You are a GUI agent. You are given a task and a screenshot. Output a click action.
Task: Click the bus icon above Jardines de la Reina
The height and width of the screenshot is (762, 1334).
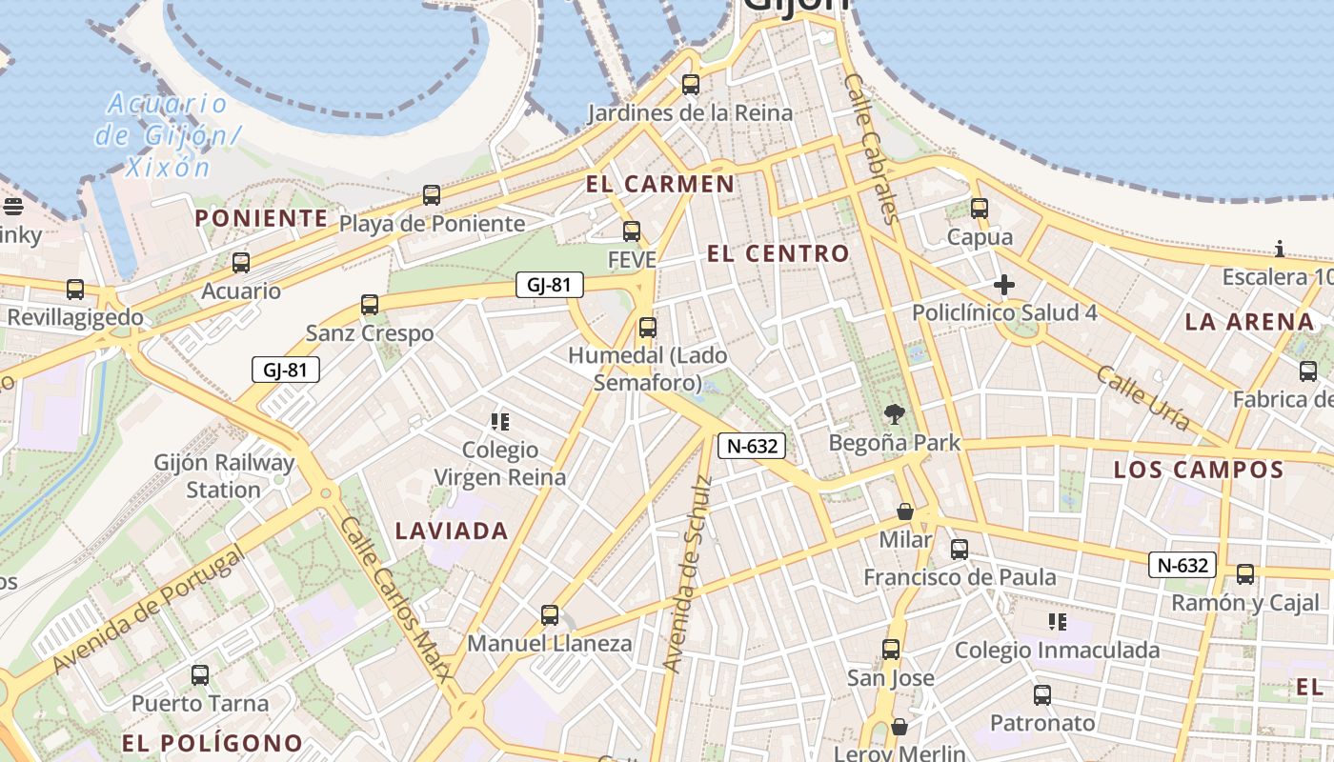691,85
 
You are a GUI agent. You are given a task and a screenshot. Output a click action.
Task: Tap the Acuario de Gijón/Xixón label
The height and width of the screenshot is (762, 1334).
165,135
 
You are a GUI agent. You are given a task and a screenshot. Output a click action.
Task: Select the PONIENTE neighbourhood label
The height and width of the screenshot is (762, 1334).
262,218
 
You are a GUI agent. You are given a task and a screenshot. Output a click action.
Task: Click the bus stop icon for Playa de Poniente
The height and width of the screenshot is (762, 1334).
432,195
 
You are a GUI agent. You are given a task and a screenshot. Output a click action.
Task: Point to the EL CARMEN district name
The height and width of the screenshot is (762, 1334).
660,184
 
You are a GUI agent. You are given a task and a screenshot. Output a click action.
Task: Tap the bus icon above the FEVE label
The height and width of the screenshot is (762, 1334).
631,231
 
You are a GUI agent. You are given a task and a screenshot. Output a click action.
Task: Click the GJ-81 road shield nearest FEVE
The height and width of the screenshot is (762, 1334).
549,284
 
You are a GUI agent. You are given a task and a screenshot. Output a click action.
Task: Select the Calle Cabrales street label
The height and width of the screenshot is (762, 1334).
871,150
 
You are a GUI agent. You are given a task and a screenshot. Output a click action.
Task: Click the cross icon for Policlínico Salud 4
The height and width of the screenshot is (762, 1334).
1003,285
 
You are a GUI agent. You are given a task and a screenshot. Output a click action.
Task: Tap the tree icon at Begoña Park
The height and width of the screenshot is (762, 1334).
894,414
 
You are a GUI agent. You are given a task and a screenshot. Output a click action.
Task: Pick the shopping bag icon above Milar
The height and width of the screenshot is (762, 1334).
905,512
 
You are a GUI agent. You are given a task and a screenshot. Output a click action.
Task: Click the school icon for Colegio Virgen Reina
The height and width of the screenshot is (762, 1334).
499,421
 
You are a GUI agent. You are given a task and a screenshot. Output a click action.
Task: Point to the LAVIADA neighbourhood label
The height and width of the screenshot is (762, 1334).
452,531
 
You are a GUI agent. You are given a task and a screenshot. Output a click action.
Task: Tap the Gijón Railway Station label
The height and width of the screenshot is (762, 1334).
225,476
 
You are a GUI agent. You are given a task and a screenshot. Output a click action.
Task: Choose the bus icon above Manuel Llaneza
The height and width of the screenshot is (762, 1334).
549,615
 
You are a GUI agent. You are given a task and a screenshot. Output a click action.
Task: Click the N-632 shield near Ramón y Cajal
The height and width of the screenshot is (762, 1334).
1182,565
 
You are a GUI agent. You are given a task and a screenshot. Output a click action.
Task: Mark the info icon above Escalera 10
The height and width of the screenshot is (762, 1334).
1279,250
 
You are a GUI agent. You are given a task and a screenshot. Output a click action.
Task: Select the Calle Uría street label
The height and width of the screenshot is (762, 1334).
1142,397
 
